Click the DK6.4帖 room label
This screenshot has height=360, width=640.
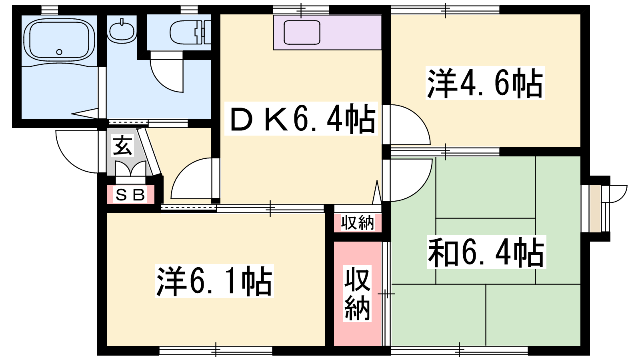click(301, 118)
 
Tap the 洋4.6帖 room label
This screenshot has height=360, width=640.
click(485, 83)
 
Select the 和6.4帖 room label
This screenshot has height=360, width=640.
click(486, 252)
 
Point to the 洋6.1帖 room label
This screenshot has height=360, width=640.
click(214, 281)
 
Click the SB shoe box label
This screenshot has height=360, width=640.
click(130, 194)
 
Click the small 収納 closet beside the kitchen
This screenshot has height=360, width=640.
click(358, 223)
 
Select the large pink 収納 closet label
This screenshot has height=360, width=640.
click(358, 294)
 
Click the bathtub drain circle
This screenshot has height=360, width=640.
click(59, 52)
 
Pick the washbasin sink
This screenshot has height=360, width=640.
click(122, 31)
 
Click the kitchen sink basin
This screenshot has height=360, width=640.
click(302, 32)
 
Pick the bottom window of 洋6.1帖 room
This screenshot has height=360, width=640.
click(216, 350)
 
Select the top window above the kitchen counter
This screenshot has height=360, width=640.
click(301, 10)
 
